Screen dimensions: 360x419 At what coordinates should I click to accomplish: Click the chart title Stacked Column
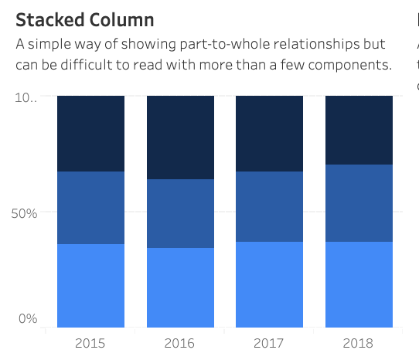pos(85,20)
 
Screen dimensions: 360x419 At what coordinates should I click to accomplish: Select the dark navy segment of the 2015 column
pos(91,134)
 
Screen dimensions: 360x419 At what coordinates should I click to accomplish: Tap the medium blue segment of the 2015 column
pos(91,208)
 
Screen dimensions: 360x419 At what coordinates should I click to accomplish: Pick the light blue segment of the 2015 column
pos(91,285)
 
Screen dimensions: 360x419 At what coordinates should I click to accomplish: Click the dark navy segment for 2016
pos(180,138)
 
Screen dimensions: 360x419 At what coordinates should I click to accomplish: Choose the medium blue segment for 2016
pos(180,213)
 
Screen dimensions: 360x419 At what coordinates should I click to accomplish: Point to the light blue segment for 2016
pos(180,287)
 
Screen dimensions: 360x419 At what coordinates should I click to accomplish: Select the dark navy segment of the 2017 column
pos(269,134)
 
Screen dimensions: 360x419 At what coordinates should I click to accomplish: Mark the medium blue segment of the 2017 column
pos(269,206)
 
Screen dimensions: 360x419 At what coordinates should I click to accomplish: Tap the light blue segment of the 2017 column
pos(269,284)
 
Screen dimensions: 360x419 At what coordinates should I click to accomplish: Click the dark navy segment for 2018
pos(359,130)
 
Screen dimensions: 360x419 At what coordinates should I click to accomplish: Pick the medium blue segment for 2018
pos(359,203)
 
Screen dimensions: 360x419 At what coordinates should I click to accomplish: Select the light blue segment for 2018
pos(359,284)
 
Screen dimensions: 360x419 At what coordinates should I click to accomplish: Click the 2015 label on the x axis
pos(91,343)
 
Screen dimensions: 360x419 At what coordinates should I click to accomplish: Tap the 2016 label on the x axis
pos(180,343)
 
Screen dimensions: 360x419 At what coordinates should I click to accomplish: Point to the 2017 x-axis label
pos(269,343)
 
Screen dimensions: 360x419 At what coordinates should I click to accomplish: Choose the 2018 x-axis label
pos(359,343)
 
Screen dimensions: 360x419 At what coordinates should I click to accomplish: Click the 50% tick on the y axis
pos(24,212)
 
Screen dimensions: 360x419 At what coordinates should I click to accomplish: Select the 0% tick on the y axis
pos(27,318)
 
